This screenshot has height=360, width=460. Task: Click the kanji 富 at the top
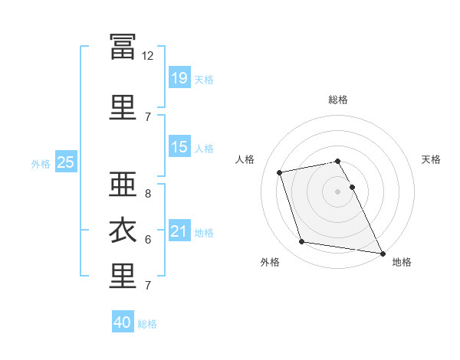[123, 47]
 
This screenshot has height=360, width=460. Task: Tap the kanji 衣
[123, 231]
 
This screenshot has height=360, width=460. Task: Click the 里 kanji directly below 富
[123, 106]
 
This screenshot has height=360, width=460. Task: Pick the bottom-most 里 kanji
[123, 277]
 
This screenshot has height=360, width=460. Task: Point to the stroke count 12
[148, 56]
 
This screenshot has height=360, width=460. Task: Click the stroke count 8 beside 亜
[148, 194]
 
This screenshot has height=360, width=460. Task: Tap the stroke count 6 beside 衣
[148, 240]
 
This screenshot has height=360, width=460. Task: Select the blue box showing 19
[179, 77]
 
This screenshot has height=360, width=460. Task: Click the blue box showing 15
[179, 147]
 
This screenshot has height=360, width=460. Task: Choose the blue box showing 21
[179, 231]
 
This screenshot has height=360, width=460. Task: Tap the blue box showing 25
[66, 162]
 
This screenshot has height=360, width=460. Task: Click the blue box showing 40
[123, 322]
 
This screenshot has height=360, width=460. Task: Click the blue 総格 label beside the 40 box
[147, 324]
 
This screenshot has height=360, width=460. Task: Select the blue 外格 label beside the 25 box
[41, 163]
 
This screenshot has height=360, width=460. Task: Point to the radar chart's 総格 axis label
[338, 100]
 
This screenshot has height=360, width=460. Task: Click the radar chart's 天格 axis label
[432, 159]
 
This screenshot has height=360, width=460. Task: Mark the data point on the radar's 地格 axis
[382, 253]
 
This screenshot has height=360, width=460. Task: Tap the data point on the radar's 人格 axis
[280, 172]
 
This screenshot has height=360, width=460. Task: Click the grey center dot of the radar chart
[338, 191]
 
